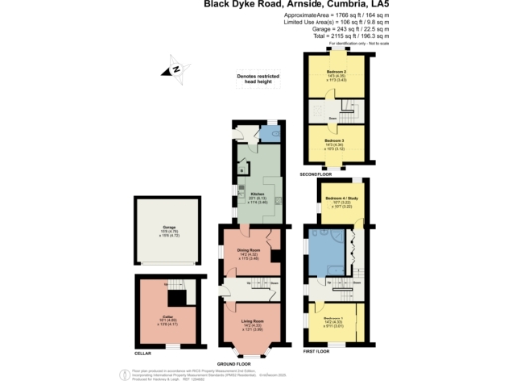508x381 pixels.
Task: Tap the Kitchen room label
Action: [256, 194]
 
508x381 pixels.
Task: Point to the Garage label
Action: [169, 227]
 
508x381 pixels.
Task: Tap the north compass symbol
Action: [173, 68]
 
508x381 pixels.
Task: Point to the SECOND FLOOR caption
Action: [336, 175]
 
